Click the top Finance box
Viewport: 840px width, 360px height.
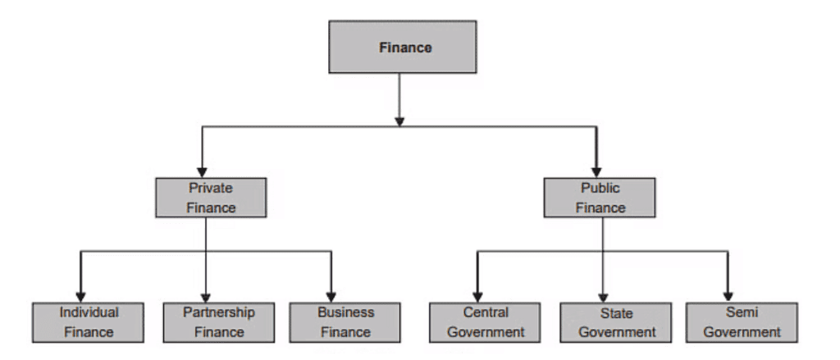pyautogui.click(x=402, y=48)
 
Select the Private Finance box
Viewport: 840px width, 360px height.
pyautogui.click(x=211, y=198)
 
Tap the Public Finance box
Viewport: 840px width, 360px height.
pyautogui.click(x=600, y=198)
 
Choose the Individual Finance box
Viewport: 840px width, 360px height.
pyautogui.click(x=89, y=322)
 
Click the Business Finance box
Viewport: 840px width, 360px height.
pyautogui.click(x=345, y=322)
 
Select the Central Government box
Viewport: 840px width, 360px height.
pyautogui.click(x=486, y=322)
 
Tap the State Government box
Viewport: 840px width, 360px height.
pyautogui.click(x=615, y=322)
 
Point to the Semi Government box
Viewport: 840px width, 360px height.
pyautogui.click(x=742, y=322)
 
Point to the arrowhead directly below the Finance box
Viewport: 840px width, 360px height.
pyautogui.click(x=399, y=120)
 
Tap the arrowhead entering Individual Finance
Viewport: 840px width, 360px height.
pyautogui.click(x=80, y=296)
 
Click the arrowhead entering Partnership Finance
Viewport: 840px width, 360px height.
pyautogui.click(x=206, y=296)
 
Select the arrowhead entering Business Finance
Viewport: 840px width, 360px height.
pyautogui.click(x=331, y=296)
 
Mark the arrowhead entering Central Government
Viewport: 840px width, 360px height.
pyautogui.click(x=476, y=296)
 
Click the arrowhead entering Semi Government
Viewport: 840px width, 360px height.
pyautogui.click(x=728, y=296)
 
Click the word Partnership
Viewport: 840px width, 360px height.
pyautogui.click(x=218, y=312)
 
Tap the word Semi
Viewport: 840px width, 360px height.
pyautogui.click(x=742, y=312)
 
